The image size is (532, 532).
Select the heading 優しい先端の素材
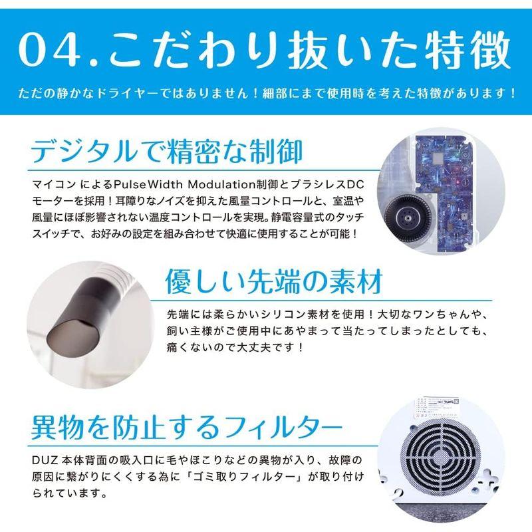(x=273, y=281)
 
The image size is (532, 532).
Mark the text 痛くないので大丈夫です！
(x=237, y=347)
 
